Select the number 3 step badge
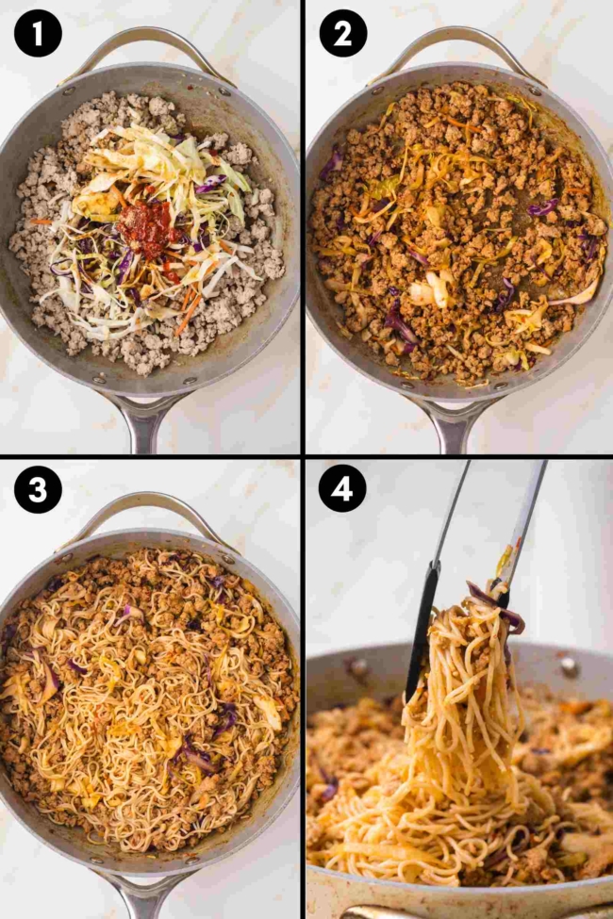tap(38, 490)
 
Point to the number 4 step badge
tap(343, 490)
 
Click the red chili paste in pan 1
tap(148, 229)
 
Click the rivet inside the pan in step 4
tap(568, 666)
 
